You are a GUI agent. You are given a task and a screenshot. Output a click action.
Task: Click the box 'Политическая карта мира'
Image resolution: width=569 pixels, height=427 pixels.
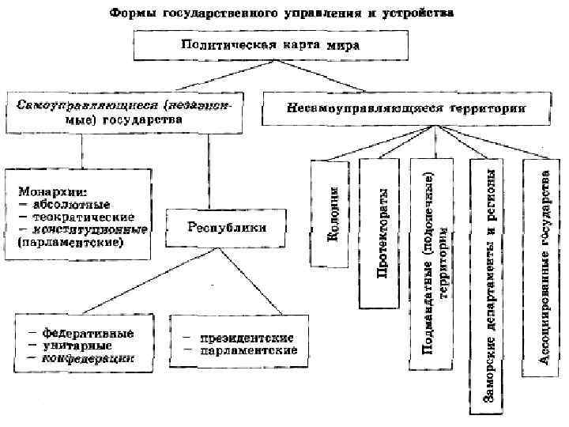269,45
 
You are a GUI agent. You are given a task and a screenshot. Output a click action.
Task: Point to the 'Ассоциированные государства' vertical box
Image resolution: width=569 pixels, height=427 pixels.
544,266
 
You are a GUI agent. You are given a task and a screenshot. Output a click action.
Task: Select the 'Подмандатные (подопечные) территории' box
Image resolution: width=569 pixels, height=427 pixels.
436,263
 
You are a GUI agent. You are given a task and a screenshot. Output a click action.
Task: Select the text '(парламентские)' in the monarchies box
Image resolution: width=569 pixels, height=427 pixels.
71,243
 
